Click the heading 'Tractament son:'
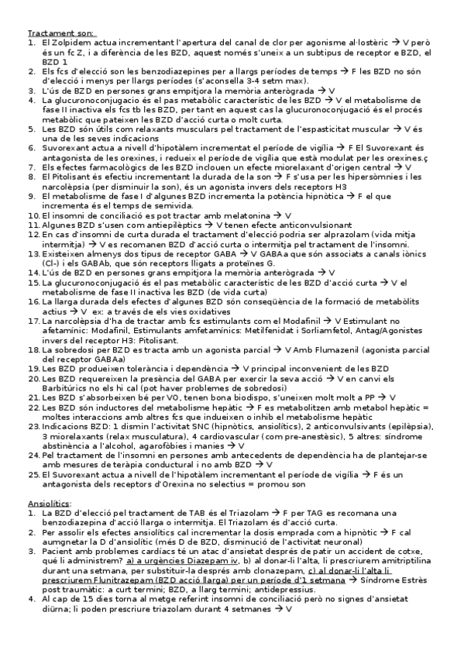[61, 34]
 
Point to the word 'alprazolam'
[343, 233]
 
